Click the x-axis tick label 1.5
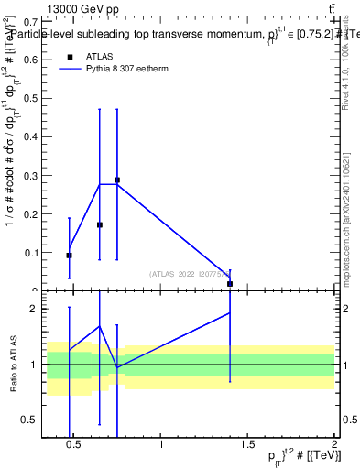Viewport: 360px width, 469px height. click(247, 445)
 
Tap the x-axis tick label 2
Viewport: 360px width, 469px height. click(334, 445)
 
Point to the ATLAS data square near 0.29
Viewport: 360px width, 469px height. click(117, 180)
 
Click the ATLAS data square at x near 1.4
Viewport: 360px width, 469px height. click(230, 284)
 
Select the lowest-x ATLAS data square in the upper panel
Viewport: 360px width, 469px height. click(70, 256)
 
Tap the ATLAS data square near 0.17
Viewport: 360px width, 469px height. click(100, 224)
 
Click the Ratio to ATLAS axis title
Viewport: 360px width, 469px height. click(13, 364)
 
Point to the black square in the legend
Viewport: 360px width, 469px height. click(68, 56)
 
